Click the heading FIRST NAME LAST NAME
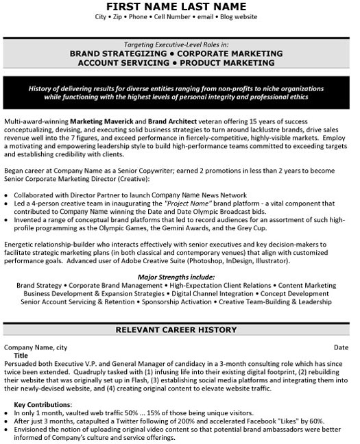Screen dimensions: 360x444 (180, 6)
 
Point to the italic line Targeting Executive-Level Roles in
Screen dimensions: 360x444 (180, 42)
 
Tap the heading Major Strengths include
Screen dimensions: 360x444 (180, 275)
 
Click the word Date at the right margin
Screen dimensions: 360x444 (341, 347)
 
